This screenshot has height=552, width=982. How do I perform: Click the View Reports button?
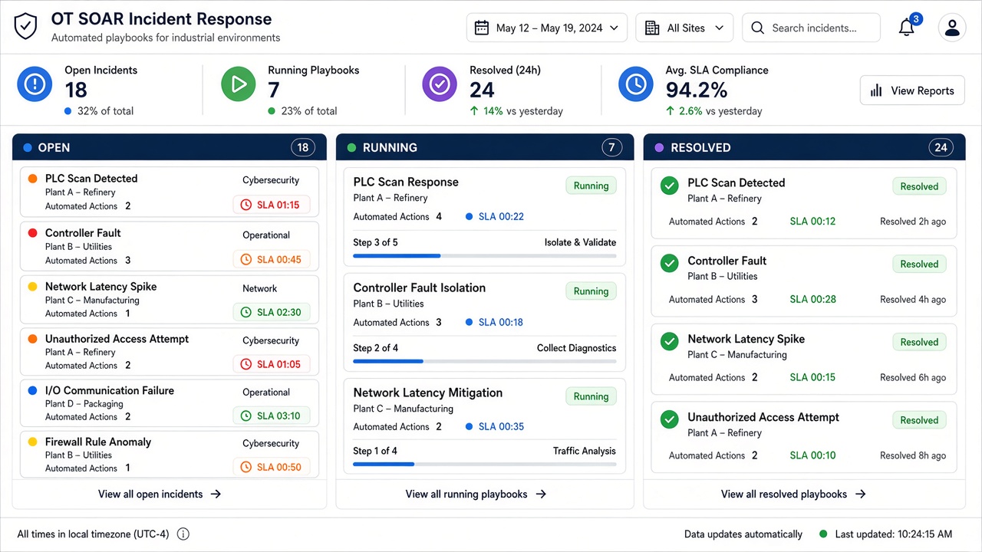tap(912, 90)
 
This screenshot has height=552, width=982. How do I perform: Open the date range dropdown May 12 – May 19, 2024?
tap(547, 28)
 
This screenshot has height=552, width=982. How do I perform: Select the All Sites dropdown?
tap(684, 28)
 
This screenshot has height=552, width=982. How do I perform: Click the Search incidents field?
tap(811, 28)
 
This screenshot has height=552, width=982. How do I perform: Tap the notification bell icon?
tap(907, 28)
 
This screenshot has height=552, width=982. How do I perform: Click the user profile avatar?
tap(952, 28)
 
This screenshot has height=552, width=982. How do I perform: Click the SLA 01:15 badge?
tap(272, 205)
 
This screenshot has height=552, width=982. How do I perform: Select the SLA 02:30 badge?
tap(272, 312)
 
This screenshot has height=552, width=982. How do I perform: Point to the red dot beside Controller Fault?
tap(32, 233)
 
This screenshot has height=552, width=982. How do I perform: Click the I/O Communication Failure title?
tap(110, 390)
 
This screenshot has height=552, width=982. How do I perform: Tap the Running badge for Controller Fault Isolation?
tap(591, 291)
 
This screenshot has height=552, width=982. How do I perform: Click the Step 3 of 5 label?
tap(375, 242)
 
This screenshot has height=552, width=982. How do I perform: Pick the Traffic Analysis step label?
tap(585, 451)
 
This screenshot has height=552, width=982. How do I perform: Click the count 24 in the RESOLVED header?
tap(941, 148)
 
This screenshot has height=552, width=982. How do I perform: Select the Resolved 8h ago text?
tap(913, 455)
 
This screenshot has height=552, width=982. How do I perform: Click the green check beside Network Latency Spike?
tap(670, 341)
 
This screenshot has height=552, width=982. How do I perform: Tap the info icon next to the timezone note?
tap(183, 534)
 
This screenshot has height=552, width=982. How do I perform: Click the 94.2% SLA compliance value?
tap(697, 90)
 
